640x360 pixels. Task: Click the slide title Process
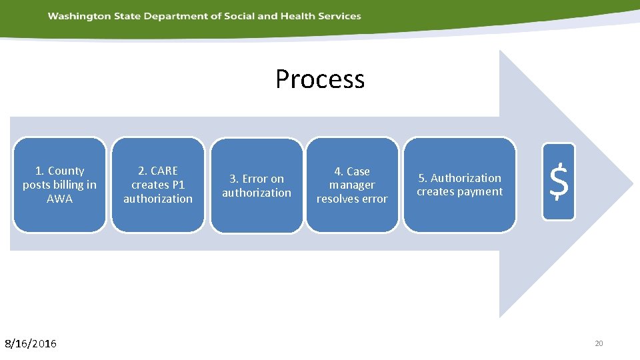320,79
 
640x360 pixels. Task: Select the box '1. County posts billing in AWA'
59,185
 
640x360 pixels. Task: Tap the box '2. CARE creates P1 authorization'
158,185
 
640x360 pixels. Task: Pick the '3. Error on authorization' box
257,185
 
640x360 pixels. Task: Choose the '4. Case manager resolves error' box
352,185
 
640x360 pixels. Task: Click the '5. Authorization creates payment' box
459,185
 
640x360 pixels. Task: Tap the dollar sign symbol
559,182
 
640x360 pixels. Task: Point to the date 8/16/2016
31,343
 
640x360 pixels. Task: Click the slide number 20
598,343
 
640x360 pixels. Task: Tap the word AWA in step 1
59,199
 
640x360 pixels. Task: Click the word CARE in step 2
163,171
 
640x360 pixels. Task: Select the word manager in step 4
352,185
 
